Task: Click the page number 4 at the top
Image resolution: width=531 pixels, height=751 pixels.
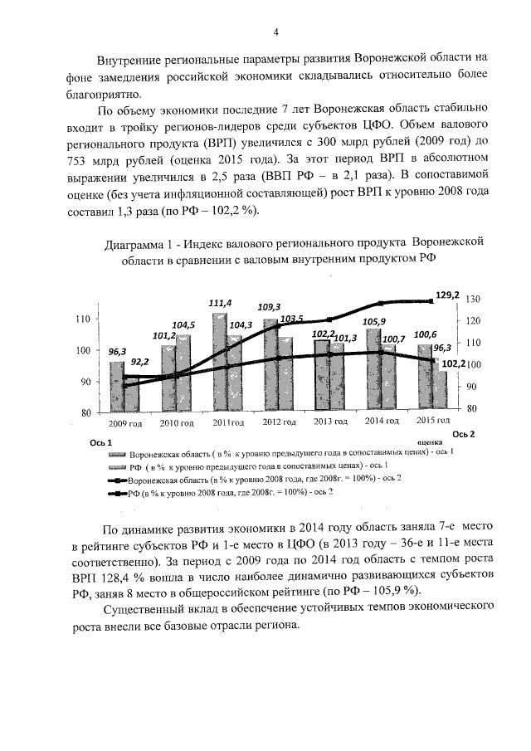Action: point(275,32)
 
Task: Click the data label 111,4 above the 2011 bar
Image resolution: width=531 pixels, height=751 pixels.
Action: point(220,303)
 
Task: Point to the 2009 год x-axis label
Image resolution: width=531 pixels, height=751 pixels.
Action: point(125,423)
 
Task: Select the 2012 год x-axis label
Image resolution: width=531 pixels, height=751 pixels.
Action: point(279,423)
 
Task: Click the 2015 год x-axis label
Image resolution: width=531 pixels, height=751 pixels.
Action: point(433,422)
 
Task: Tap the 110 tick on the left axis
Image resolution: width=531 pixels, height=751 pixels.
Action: point(83,319)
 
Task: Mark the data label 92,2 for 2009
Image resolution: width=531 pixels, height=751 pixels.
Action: point(140,362)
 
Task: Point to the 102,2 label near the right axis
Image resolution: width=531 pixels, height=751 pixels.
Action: point(451,363)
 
